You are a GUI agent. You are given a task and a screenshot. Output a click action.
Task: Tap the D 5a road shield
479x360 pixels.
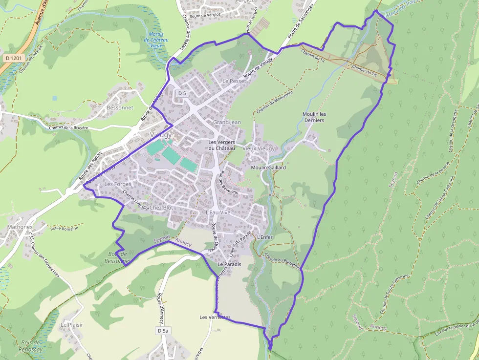(x=163, y=331)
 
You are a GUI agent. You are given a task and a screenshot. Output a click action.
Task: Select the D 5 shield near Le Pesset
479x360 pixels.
(x=182, y=93)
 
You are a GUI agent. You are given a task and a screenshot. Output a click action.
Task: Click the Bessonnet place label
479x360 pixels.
(x=120, y=107)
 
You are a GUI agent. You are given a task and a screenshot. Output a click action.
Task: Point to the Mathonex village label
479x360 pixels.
(x=20, y=227)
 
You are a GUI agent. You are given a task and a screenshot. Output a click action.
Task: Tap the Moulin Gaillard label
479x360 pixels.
(x=268, y=168)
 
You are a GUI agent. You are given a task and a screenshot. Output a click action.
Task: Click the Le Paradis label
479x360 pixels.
(x=229, y=264)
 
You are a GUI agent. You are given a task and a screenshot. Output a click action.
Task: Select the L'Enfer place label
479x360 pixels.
(x=264, y=237)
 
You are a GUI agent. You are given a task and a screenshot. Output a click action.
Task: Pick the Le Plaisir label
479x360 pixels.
(x=72, y=325)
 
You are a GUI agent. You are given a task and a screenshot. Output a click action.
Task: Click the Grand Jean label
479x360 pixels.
(x=227, y=122)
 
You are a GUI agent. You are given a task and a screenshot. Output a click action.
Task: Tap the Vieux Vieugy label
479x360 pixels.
(x=259, y=148)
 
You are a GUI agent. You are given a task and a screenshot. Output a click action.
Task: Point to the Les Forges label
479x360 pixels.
(x=118, y=184)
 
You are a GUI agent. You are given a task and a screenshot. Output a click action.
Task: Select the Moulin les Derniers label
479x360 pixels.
(x=314, y=117)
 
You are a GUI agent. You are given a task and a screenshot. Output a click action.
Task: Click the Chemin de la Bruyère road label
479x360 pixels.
(x=68, y=128)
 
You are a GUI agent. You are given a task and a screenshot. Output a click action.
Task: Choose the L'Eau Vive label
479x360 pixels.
(x=218, y=212)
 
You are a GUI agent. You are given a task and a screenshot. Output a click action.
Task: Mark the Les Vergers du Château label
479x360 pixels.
(x=221, y=145)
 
